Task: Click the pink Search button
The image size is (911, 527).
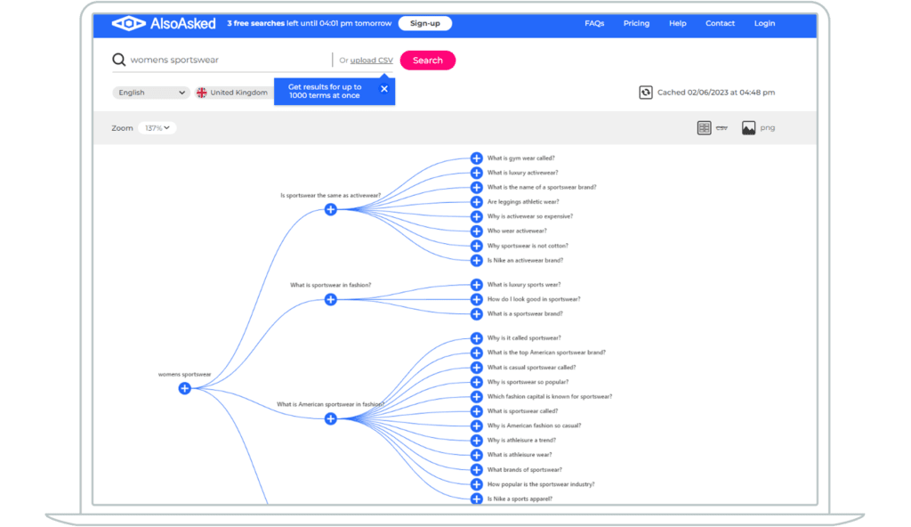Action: pos(428,61)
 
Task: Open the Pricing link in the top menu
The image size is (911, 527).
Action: pos(636,23)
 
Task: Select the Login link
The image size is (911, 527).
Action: pos(764,23)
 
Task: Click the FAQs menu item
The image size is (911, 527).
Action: pos(594,23)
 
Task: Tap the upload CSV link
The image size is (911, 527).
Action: pos(371,60)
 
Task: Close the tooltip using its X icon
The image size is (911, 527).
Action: pos(384,89)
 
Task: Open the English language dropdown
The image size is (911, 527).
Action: pos(150,93)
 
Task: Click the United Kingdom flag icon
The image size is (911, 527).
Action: pos(202,93)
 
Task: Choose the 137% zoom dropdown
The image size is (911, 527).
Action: pos(157,128)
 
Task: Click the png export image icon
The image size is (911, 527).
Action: pos(748,128)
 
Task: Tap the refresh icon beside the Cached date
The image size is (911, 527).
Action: pos(646,93)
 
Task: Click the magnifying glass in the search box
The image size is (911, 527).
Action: pos(118,60)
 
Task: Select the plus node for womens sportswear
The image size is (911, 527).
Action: pos(185,388)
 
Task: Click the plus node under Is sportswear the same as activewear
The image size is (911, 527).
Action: pos(331,209)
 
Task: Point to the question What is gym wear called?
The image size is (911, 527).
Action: pos(520,158)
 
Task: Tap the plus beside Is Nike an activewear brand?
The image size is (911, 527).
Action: pos(477,261)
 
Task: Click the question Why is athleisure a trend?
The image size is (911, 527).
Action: pos(521,441)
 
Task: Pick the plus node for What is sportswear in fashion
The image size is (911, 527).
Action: pos(331,300)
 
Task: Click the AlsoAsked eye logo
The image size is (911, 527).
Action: pos(128,23)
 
